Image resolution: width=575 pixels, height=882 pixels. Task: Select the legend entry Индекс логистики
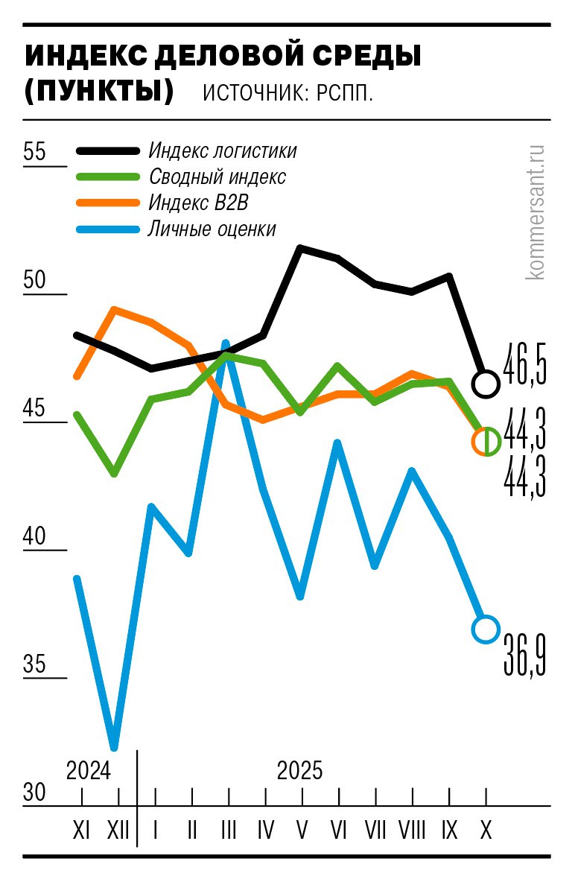tap(222, 150)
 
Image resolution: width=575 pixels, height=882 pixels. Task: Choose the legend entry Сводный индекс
tap(217, 177)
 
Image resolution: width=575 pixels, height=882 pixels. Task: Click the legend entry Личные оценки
tap(212, 229)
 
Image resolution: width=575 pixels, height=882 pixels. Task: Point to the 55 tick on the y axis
tap(34, 152)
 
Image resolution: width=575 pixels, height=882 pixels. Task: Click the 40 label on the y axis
tap(34, 537)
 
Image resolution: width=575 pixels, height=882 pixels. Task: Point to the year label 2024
tap(88, 770)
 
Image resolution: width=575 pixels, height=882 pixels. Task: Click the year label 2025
tap(300, 770)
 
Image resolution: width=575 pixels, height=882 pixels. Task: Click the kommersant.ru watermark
tap(535, 212)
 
